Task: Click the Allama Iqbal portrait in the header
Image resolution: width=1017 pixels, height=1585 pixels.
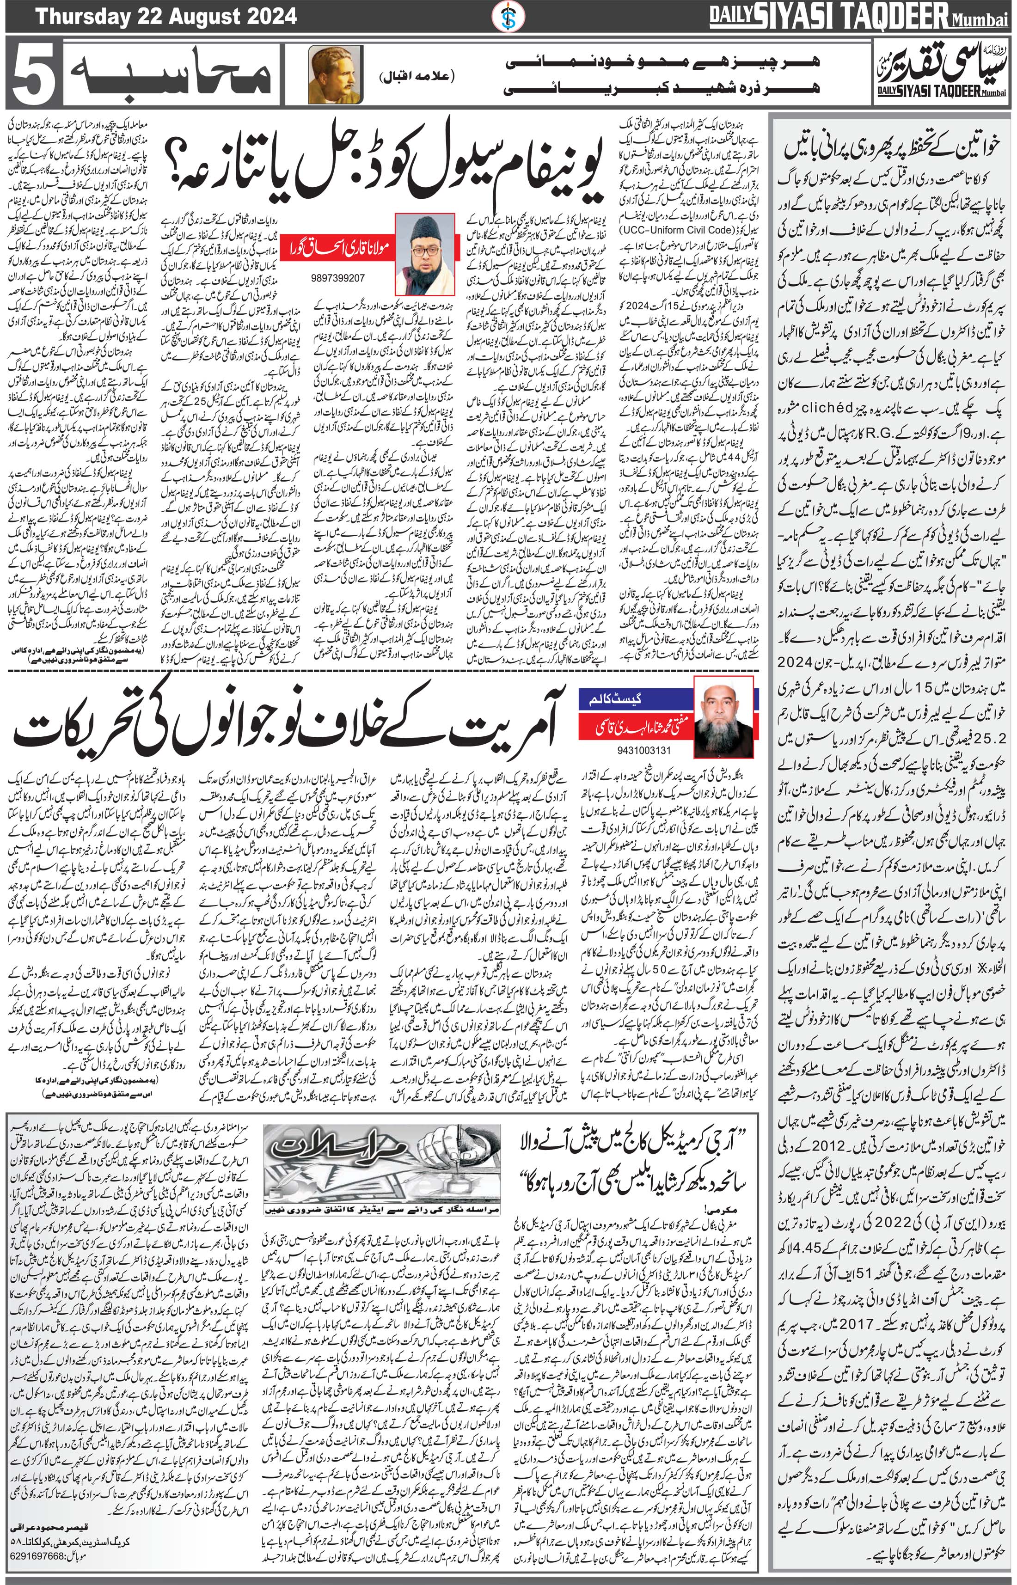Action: pos(327,74)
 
